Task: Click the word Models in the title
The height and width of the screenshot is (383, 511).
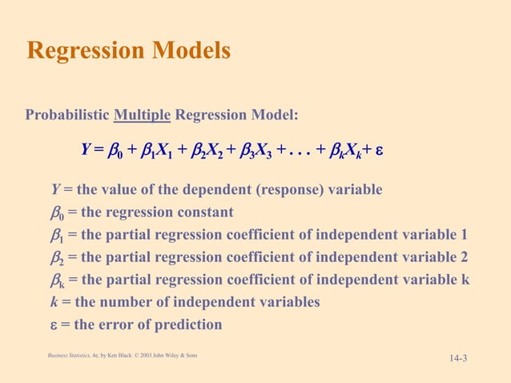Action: (190, 50)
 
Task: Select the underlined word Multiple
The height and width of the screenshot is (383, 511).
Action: (142, 115)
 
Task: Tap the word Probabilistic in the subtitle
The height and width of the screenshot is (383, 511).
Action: (67, 115)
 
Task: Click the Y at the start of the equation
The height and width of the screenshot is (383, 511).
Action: (86, 149)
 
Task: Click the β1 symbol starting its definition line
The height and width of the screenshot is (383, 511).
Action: (58, 236)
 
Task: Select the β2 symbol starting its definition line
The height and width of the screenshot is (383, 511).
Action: (58, 258)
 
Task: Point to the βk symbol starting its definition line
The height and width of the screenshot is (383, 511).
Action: (58, 280)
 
